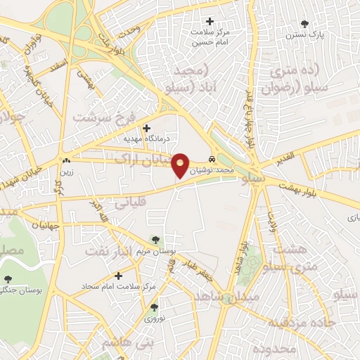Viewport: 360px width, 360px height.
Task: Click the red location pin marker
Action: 180,165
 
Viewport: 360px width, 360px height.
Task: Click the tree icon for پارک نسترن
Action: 304,23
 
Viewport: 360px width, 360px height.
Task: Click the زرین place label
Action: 67,170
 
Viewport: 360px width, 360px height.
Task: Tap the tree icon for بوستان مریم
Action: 155,240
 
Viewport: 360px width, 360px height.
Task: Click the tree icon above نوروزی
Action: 154,307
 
